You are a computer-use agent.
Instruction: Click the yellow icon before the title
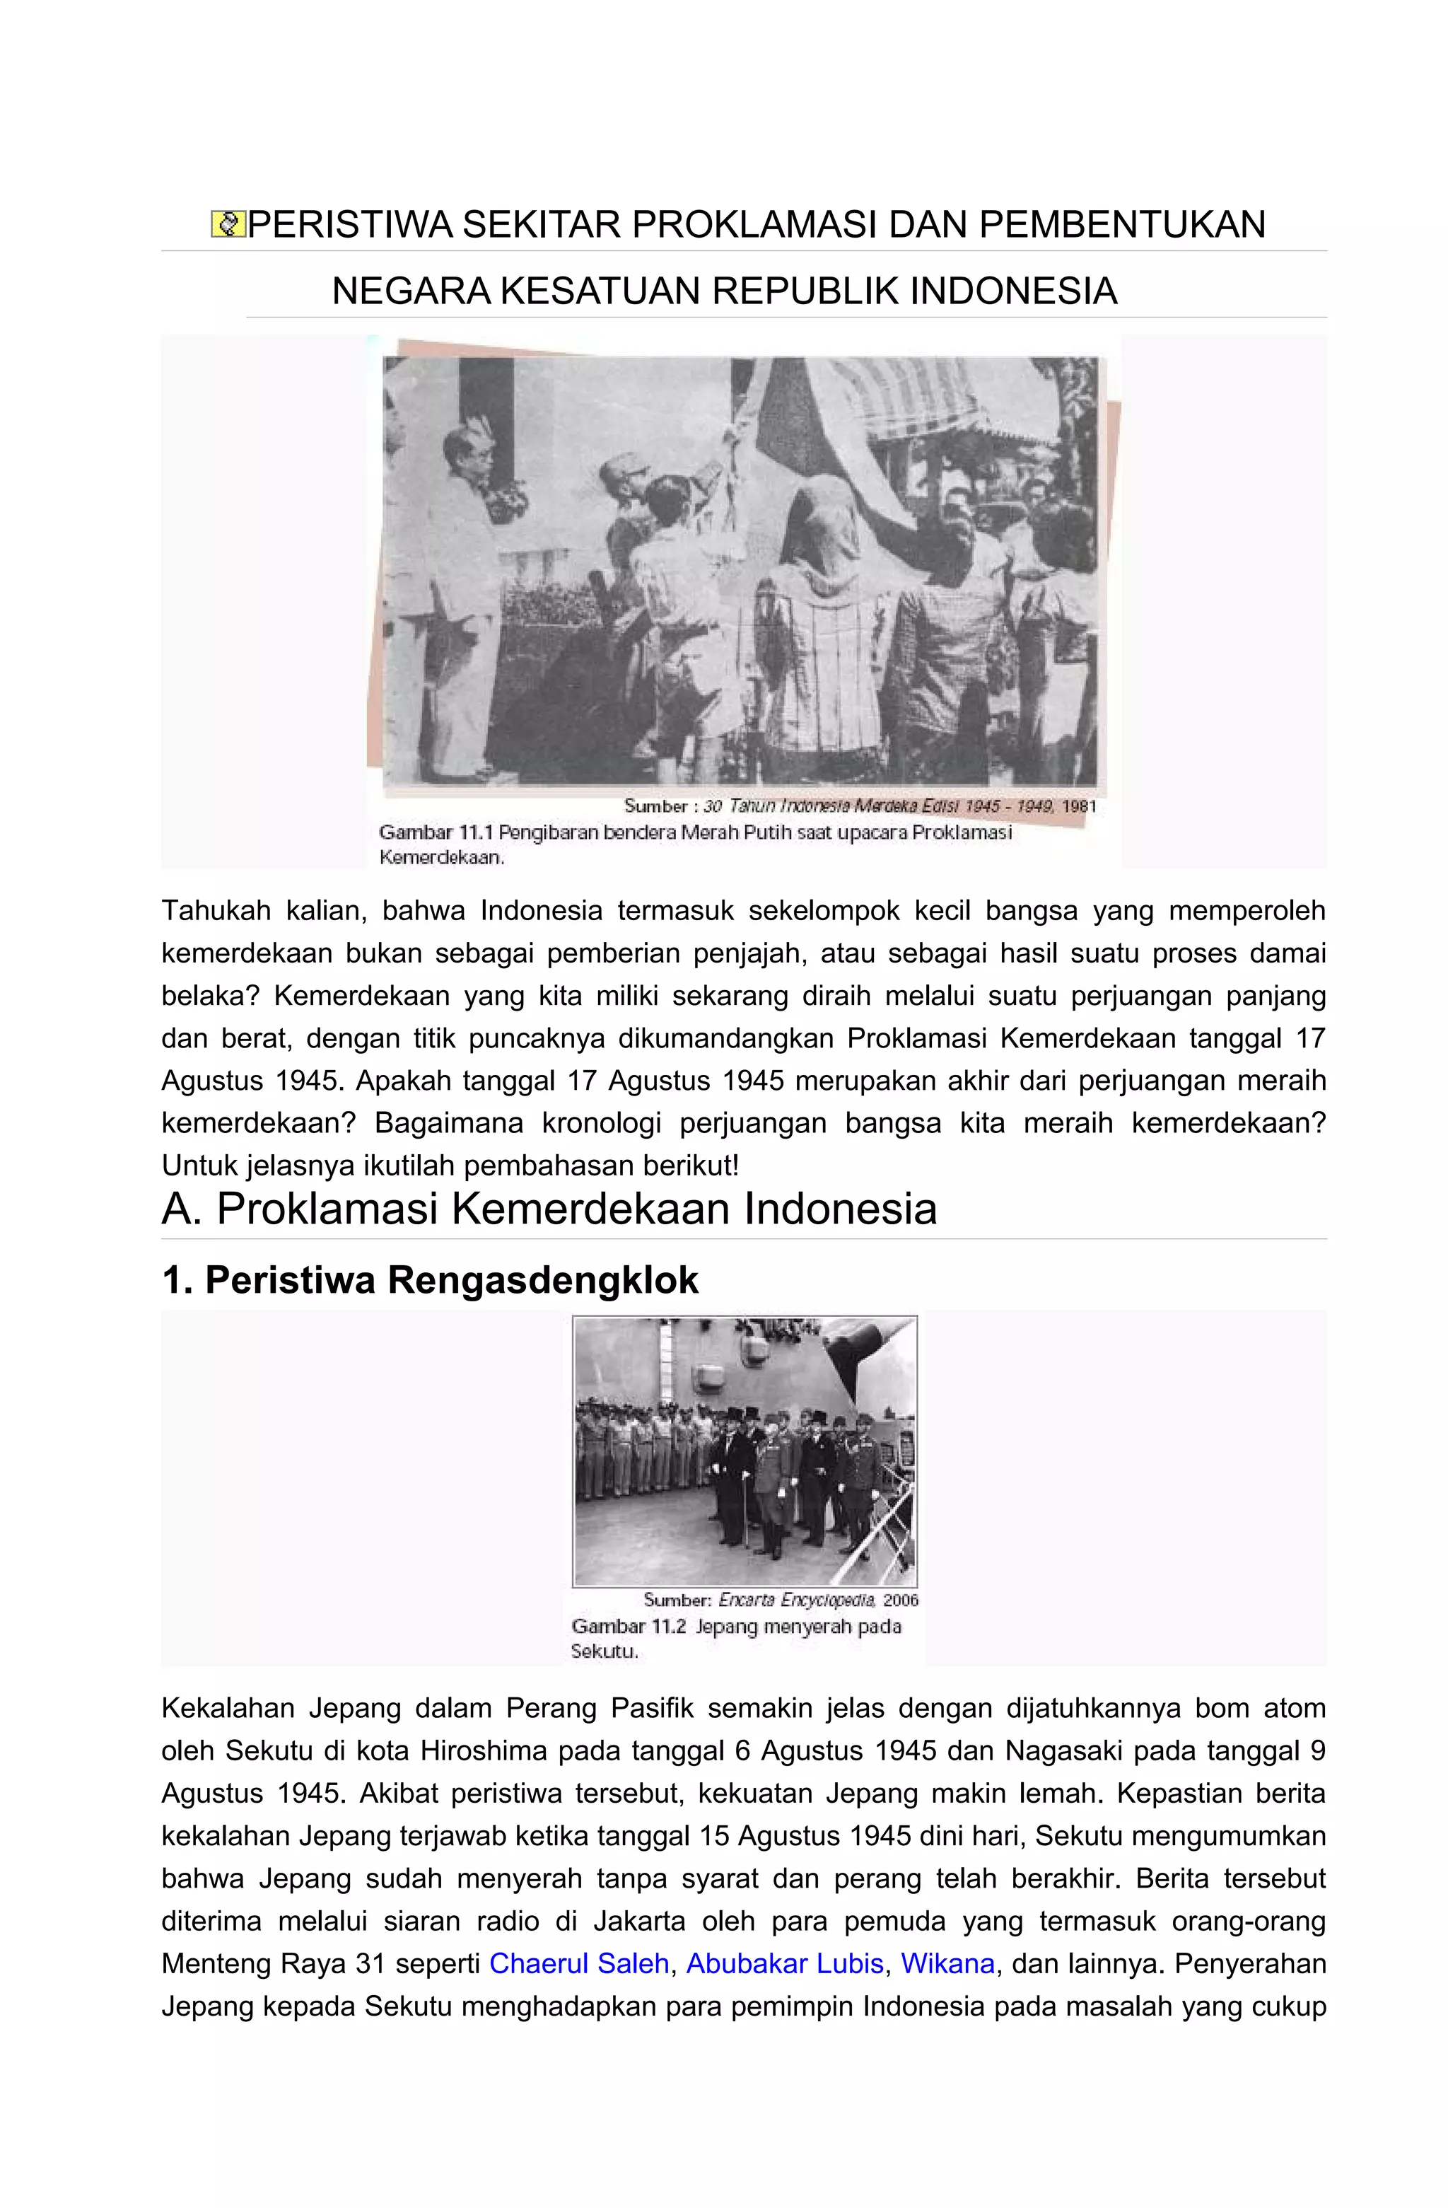(x=227, y=224)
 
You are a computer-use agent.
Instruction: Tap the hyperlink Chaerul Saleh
(x=579, y=1963)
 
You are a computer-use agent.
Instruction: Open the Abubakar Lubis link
(x=785, y=1963)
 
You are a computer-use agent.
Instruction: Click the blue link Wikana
(x=947, y=1963)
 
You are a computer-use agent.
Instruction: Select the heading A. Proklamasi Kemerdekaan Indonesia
(x=549, y=1209)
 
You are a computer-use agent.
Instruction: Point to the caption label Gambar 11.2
(x=629, y=1627)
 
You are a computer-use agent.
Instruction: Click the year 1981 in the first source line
(x=1079, y=806)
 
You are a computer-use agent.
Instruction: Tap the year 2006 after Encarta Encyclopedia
(x=900, y=1599)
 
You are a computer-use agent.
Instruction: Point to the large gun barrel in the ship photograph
(x=868, y=1341)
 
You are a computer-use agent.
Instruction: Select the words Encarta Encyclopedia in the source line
(x=797, y=1599)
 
